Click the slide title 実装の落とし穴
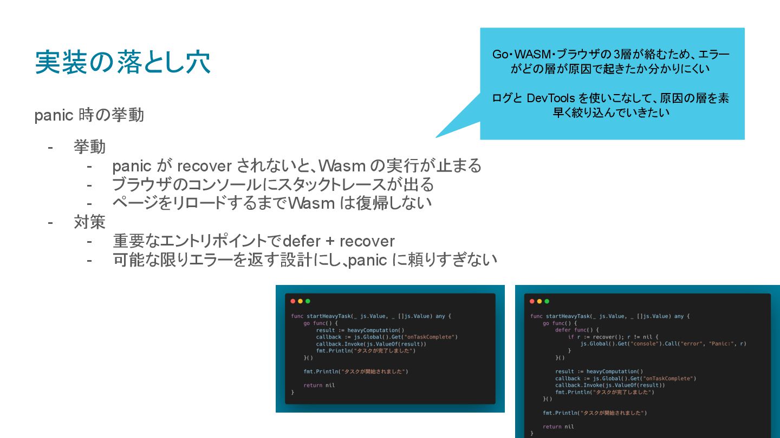(x=122, y=63)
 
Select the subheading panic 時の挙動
(x=89, y=115)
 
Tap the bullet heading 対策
(x=89, y=222)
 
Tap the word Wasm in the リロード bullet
(x=308, y=203)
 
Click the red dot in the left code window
(x=293, y=301)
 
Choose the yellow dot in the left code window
(x=301, y=301)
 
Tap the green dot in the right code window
(x=547, y=301)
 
